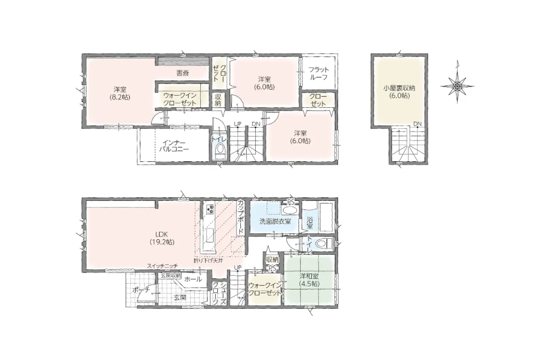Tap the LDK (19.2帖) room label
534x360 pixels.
pyautogui.click(x=162, y=238)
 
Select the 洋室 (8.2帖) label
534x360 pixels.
pyautogui.click(x=120, y=93)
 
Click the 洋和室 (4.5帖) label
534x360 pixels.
pyautogui.click(x=310, y=279)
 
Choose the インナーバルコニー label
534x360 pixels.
pyautogui.click(x=174, y=145)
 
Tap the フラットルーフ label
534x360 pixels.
pyautogui.click(x=318, y=73)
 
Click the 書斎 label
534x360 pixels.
pyautogui.click(x=182, y=73)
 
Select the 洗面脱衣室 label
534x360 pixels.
pyautogui.click(x=275, y=221)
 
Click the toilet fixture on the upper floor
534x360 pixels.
pyautogui.click(x=221, y=150)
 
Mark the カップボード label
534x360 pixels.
pyautogui.click(x=241, y=217)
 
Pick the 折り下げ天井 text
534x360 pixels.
pyautogui.click(x=208, y=261)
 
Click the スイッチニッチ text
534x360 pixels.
pyautogui.click(x=162, y=265)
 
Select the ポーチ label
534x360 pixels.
pyautogui.click(x=140, y=290)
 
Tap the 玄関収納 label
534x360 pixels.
pyautogui.click(x=171, y=275)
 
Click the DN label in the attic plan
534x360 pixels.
pyautogui.click(x=418, y=123)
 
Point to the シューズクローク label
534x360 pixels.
pyautogui.click(x=219, y=294)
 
